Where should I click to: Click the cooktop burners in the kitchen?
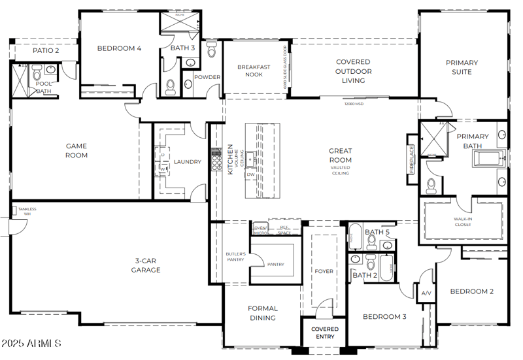(x=216, y=159)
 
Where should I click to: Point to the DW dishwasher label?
(x=250, y=174)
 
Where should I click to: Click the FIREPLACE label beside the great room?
(x=412, y=159)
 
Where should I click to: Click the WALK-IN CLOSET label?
(x=463, y=221)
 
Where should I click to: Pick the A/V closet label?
(x=426, y=293)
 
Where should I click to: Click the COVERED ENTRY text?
(x=324, y=333)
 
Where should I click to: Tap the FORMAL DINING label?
(x=262, y=313)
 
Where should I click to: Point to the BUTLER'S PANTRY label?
(x=235, y=256)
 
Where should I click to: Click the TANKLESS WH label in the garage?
(x=27, y=211)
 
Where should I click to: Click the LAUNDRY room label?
(x=187, y=162)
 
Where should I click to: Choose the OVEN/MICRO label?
(x=260, y=230)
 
